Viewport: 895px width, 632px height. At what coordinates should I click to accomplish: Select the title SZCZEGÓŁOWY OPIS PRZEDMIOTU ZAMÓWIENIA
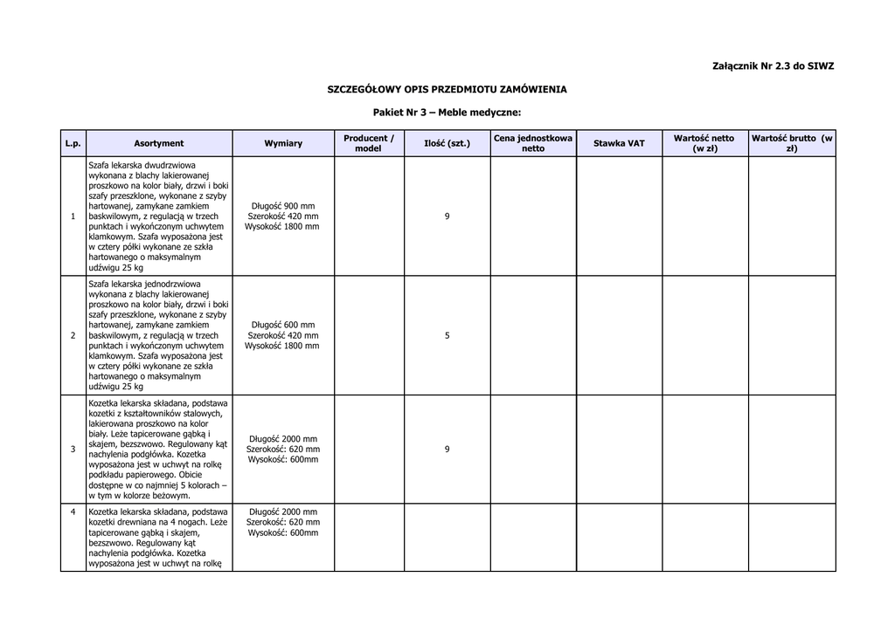[x=447, y=89]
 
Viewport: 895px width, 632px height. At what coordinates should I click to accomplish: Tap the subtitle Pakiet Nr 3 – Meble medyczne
[x=447, y=113]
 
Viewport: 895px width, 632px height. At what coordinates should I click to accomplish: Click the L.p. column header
[x=73, y=143]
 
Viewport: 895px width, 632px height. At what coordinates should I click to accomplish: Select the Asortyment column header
[x=159, y=143]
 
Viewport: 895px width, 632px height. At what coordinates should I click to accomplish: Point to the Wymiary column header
[x=283, y=143]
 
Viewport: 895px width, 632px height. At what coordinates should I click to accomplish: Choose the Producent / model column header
[x=368, y=143]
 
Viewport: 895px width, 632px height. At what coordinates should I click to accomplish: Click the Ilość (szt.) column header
[x=447, y=143]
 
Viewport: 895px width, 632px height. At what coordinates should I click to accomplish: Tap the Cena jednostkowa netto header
[x=532, y=143]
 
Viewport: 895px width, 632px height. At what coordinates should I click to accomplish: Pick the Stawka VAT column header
[x=618, y=143]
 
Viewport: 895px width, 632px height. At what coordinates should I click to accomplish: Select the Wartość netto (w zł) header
[x=704, y=143]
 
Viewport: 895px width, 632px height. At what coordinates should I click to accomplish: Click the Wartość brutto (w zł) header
[x=792, y=143]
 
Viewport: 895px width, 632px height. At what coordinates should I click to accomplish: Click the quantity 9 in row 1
[x=447, y=216]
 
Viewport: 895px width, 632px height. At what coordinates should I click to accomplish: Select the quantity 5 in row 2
[x=447, y=336]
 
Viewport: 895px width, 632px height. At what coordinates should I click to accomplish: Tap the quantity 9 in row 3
[x=447, y=450]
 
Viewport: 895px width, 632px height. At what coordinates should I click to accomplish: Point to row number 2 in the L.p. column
[x=73, y=336]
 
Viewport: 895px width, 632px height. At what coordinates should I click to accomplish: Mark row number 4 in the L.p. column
[x=73, y=512]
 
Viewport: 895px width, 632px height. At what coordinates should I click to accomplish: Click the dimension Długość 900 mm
[x=283, y=206]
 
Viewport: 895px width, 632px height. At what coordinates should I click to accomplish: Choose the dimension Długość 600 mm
[x=283, y=326]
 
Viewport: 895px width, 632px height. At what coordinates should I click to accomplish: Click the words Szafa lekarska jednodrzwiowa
[x=145, y=285]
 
